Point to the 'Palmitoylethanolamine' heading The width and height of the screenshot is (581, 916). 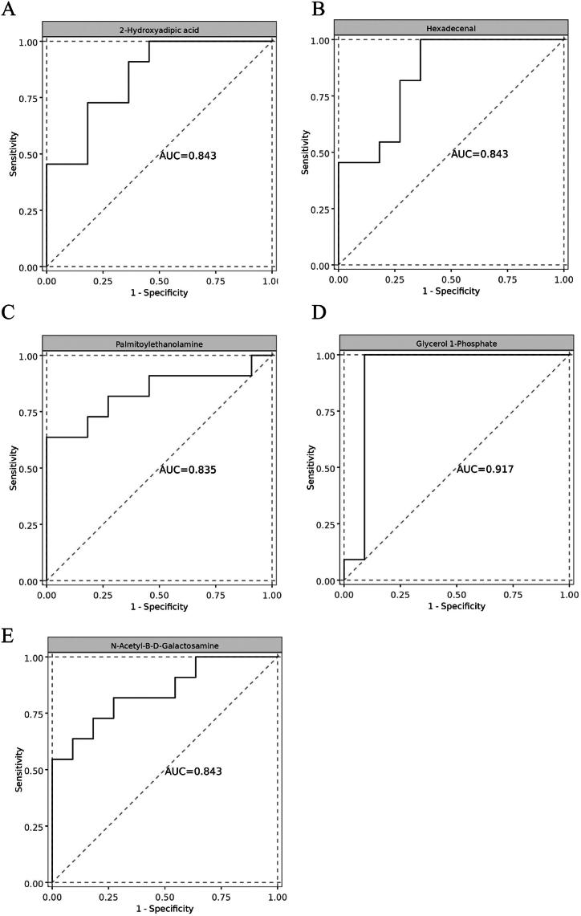point(159,344)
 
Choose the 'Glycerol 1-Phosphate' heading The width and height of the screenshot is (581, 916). point(455,344)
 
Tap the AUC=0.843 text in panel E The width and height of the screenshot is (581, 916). point(193,771)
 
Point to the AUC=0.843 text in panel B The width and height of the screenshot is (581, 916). point(480,154)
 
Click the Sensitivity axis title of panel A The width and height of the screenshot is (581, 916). point(14,154)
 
